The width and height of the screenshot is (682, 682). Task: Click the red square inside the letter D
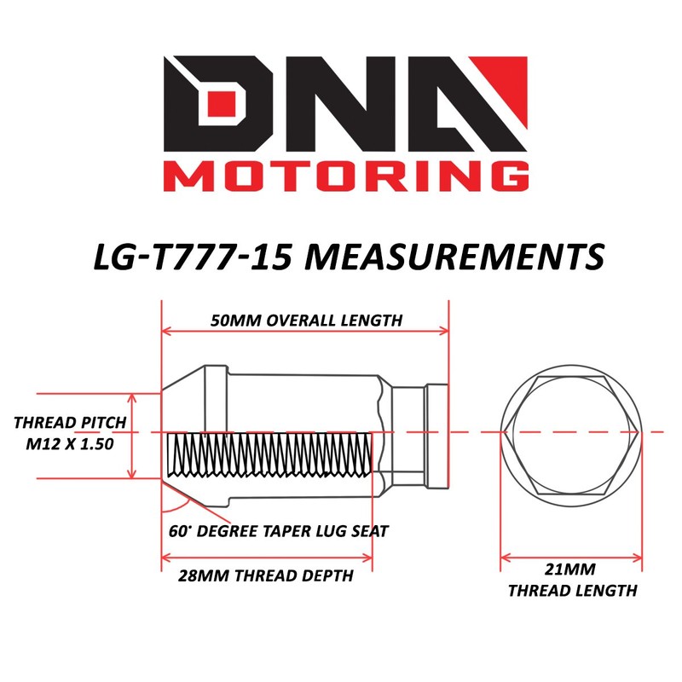[222, 103]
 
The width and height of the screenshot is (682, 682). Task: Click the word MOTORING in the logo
[346, 176]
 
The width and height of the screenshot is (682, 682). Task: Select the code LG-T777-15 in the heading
[193, 257]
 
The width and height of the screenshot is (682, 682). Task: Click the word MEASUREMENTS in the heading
[454, 257]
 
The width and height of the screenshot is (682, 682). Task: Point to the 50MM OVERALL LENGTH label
[306, 321]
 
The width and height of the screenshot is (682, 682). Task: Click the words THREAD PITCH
[70, 422]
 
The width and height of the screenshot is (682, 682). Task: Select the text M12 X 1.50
[70, 444]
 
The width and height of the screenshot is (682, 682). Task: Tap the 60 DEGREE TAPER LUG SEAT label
[279, 531]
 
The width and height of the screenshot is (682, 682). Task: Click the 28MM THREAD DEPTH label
[266, 575]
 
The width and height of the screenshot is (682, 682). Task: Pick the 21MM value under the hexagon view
[569, 569]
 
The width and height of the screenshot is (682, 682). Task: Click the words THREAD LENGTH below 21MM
[572, 591]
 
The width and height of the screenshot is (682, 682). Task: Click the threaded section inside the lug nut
[269, 454]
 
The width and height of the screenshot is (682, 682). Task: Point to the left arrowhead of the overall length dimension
[165, 331]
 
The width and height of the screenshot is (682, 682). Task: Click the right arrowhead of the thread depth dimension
[368, 558]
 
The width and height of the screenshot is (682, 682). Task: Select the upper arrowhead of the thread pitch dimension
[132, 398]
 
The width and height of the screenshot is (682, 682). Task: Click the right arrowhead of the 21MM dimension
[637, 558]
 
